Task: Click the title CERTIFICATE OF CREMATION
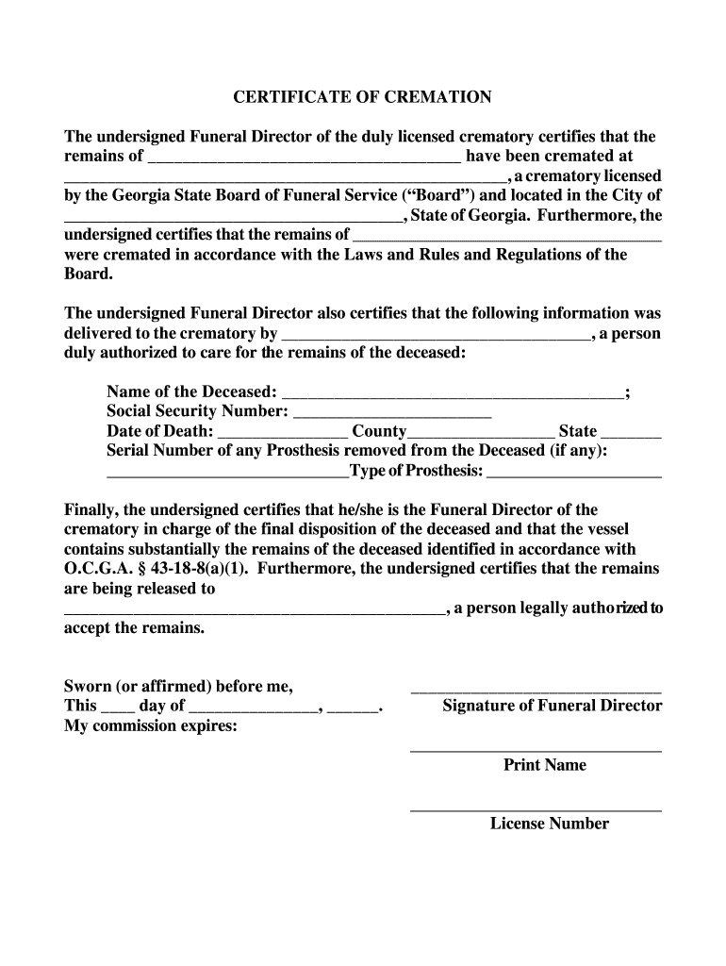[363, 97]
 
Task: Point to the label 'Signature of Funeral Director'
[553, 706]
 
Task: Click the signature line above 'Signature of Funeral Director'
[536, 692]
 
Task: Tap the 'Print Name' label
[544, 765]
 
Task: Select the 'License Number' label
[549, 824]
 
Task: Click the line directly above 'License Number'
[536, 810]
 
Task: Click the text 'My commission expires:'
[150, 725]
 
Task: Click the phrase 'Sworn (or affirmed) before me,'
[178, 686]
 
